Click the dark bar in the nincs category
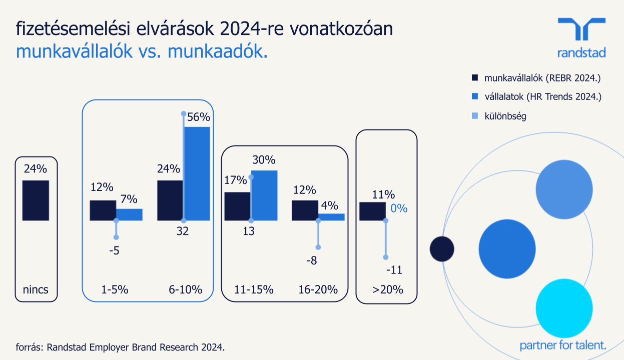tap(36, 200)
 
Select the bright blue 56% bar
tap(197, 173)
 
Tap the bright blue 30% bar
tap(264, 195)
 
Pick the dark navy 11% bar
tap(372, 211)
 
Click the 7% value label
tap(129, 199)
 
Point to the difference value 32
tap(183, 231)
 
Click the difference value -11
tap(394, 270)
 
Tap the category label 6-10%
tap(185, 289)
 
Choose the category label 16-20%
tap(318, 289)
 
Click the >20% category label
tap(387, 289)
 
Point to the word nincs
tap(36, 289)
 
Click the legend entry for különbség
tap(505, 116)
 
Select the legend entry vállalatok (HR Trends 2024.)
tap(542, 96)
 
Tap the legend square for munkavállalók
tap(475, 78)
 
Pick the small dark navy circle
tap(442, 248)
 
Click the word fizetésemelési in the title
tap(72, 29)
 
